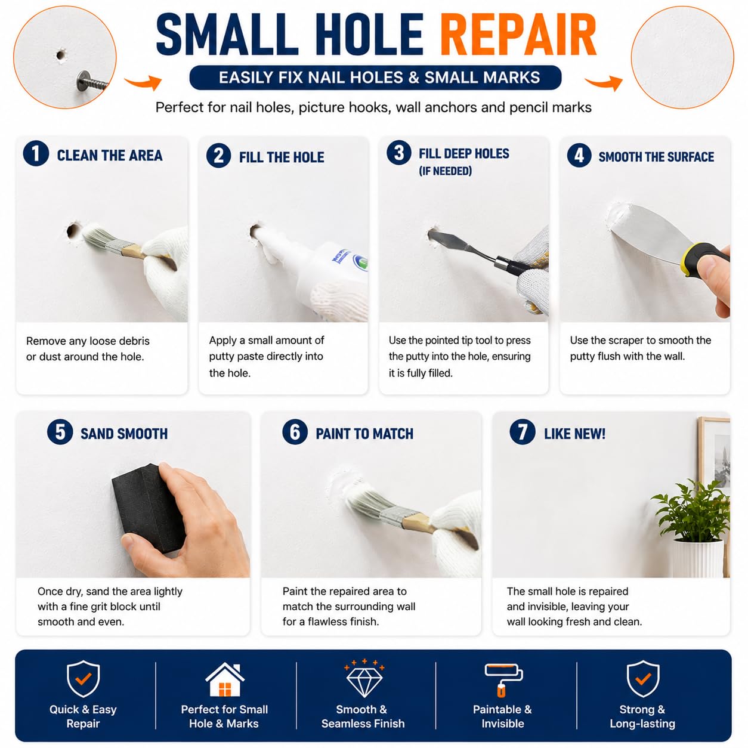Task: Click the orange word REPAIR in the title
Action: click(518, 35)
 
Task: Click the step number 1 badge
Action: click(36, 153)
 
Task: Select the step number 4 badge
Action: click(579, 155)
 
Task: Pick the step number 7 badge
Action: click(522, 431)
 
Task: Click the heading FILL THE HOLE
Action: click(282, 157)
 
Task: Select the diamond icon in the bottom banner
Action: click(364, 679)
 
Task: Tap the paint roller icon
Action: click(503, 680)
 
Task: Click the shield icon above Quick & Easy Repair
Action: click(83, 679)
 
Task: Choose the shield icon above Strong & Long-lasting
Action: click(643, 679)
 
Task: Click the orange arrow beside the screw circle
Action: click(143, 82)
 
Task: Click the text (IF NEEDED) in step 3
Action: click(445, 171)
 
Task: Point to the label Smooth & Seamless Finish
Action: click(363, 716)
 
